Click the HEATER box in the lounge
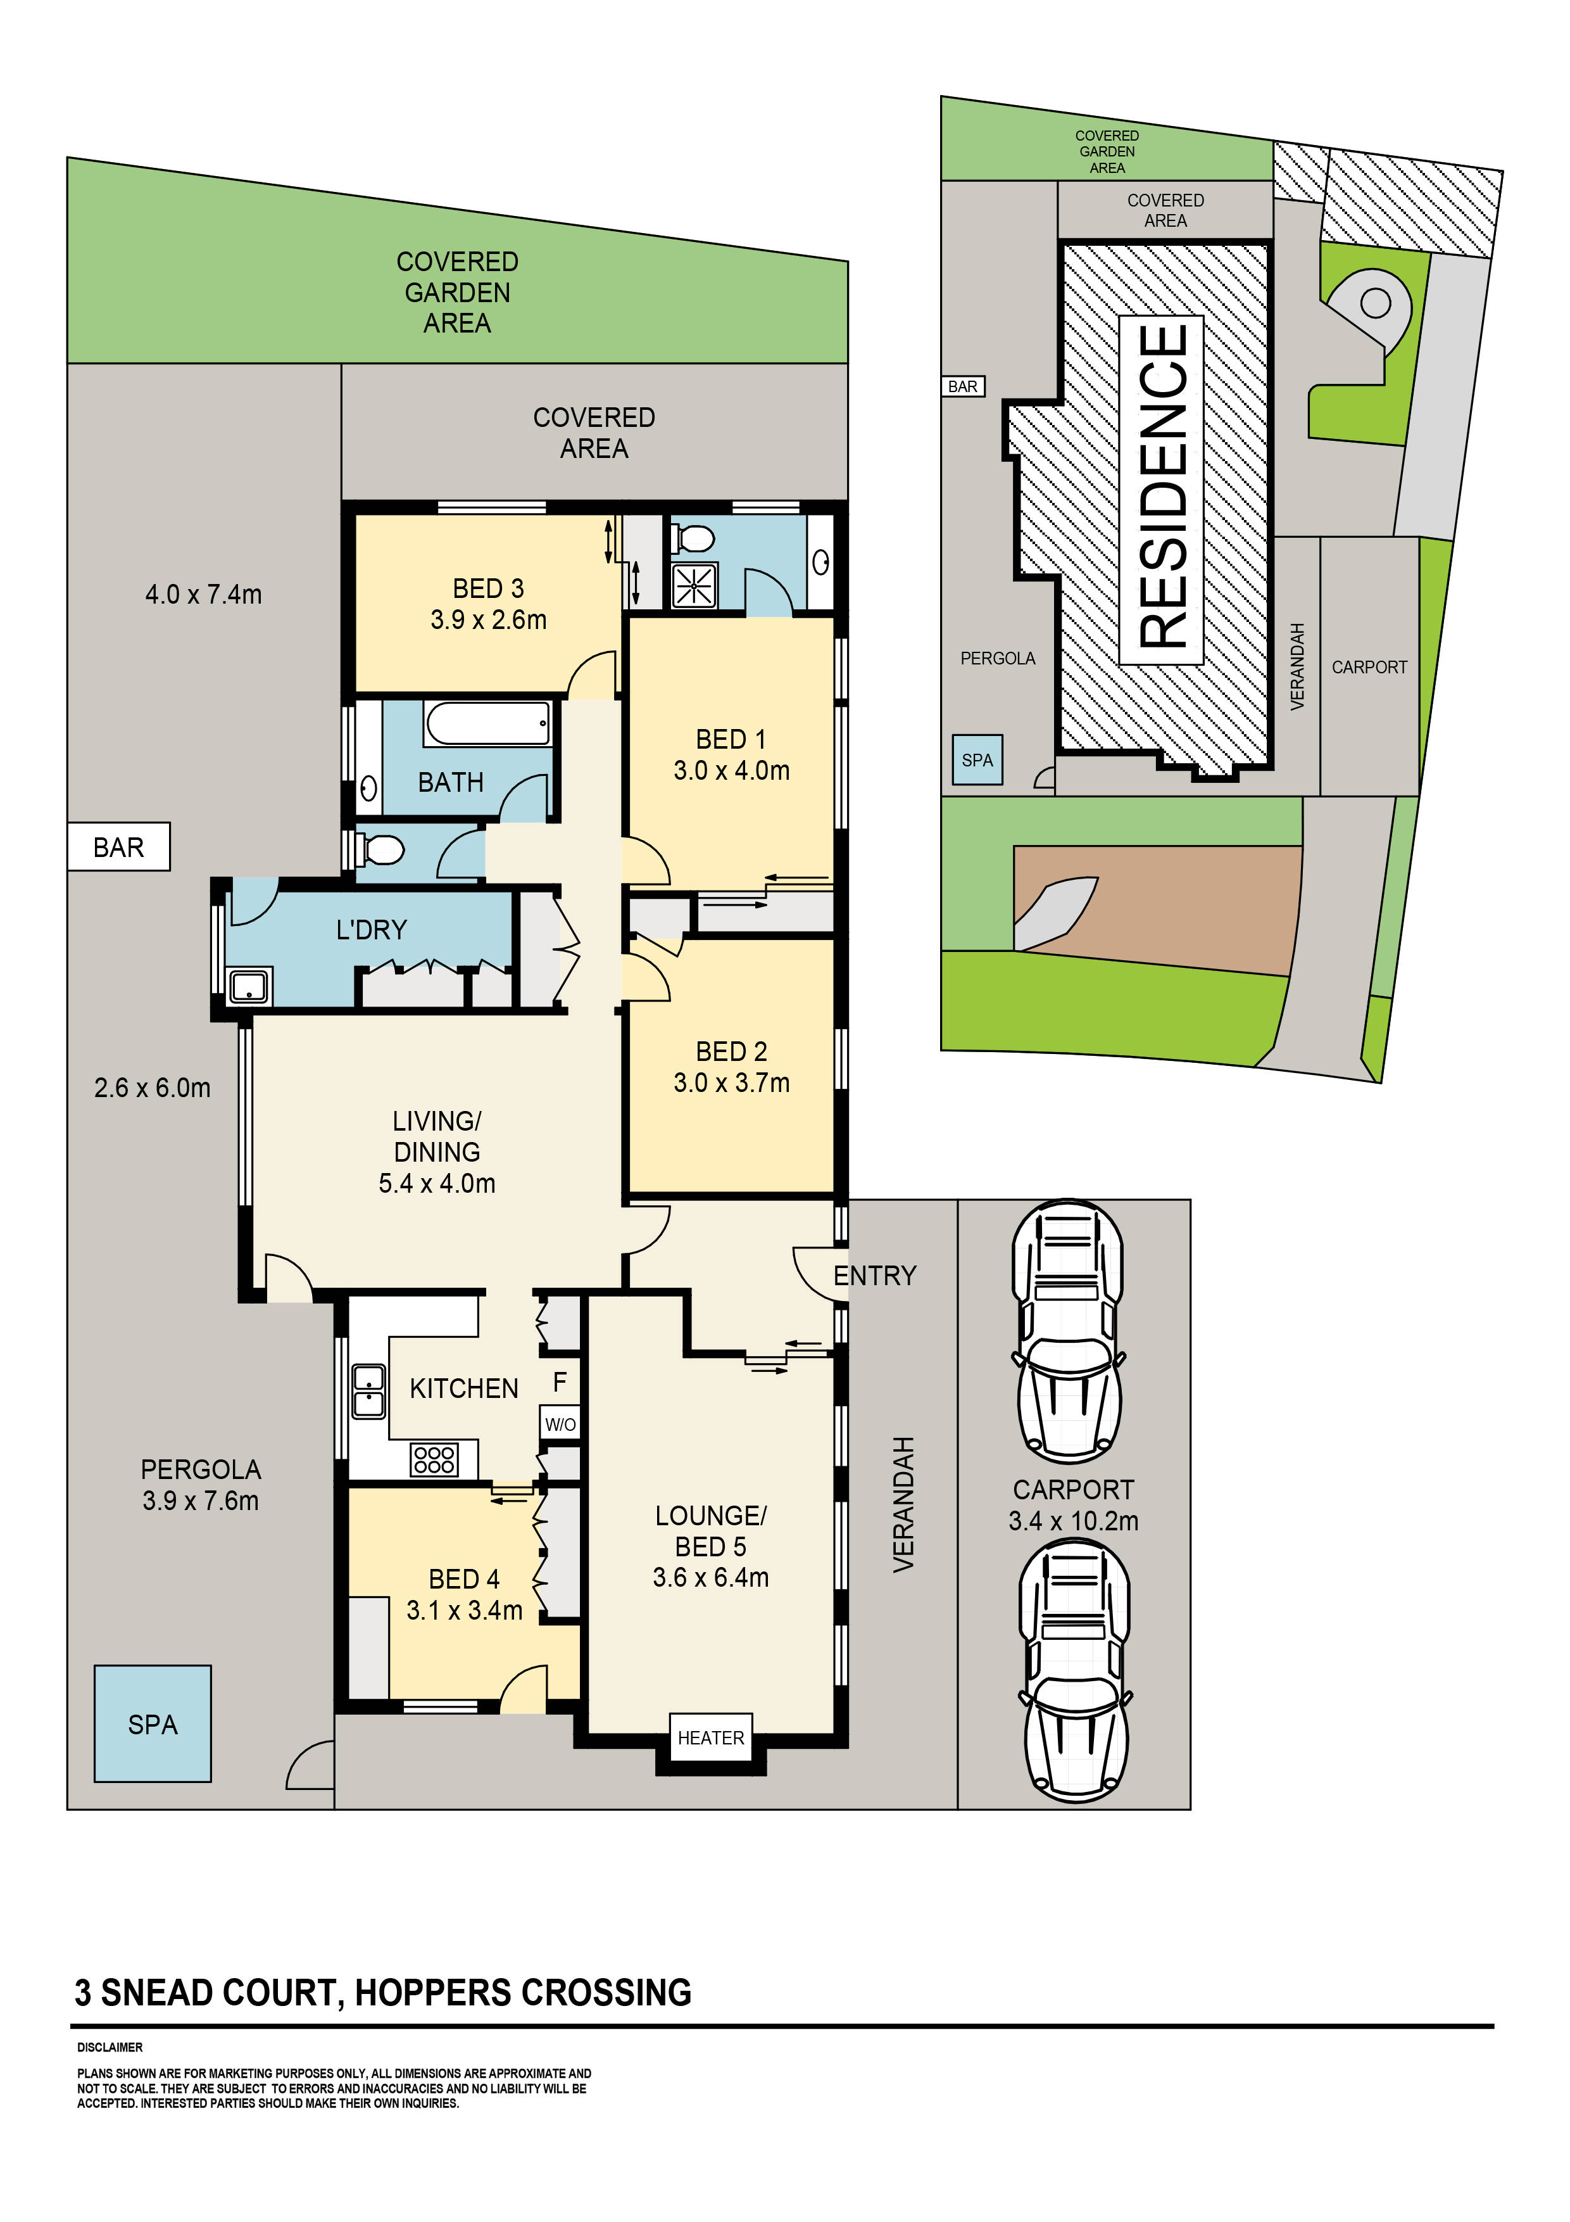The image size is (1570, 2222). (711, 1737)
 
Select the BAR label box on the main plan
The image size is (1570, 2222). (119, 847)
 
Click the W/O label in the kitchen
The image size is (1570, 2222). (560, 1424)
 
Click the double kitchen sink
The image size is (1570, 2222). (368, 1391)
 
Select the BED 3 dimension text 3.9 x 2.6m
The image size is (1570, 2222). (489, 619)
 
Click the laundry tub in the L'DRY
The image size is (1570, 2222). (249, 986)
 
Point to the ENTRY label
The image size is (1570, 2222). (874, 1276)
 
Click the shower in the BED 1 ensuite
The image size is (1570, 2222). (694, 585)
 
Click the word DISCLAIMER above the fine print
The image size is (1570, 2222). (110, 2047)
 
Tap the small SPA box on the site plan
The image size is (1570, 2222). (977, 759)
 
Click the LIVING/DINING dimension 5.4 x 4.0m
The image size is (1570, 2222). (437, 1183)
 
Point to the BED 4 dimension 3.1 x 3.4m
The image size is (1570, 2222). (464, 1610)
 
